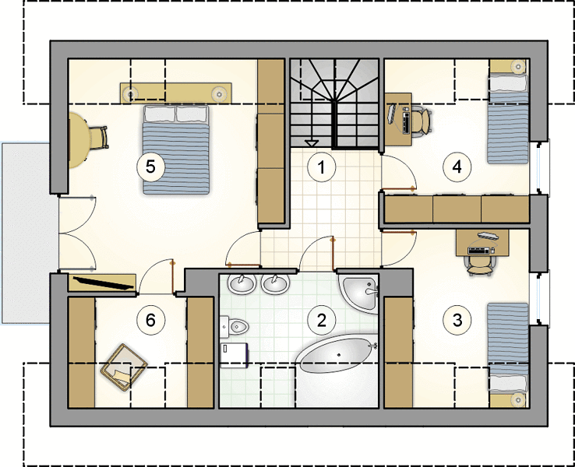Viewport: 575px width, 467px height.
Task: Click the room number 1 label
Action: pos(322,167)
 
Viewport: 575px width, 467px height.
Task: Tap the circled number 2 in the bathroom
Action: pos(322,320)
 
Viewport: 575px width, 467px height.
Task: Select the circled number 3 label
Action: pos(457,320)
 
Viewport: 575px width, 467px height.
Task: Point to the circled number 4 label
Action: pos(457,167)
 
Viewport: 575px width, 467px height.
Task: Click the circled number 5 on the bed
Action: pos(150,167)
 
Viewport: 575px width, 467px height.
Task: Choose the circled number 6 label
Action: pos(150,320)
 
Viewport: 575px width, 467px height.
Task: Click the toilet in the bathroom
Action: pos(235,325)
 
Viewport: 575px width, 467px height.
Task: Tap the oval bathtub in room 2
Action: pos(337,354)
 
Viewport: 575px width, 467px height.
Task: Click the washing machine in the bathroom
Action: pos(235,355)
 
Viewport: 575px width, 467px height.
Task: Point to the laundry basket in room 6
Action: pos(124,367)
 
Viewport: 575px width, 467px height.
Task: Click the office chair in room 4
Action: pos(422,120)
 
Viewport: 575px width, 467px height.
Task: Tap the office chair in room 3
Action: pos(481,265)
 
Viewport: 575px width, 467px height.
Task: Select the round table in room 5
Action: pos(79,140)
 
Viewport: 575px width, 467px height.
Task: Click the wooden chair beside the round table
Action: pos(98,137)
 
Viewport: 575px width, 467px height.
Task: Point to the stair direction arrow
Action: pos(312,143)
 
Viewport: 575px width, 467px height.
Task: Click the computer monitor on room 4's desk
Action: pos(392,114)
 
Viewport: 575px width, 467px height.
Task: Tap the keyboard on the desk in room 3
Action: pos(479,251)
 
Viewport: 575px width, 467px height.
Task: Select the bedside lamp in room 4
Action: pos(519,67)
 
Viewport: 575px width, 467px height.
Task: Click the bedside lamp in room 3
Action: pos(519,400)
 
